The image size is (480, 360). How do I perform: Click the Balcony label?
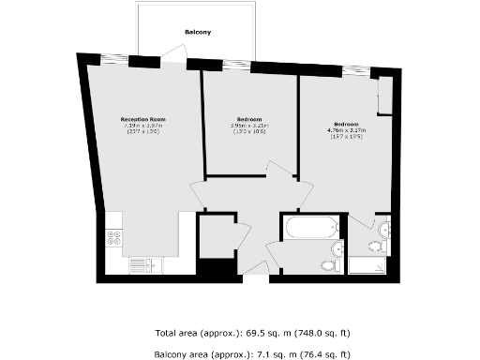[x=197, y=32]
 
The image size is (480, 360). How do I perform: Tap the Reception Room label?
[x=142, y=119]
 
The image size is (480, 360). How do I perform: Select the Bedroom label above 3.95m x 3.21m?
[x=249, y=119]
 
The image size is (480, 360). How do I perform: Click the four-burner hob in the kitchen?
[x=115, y=237]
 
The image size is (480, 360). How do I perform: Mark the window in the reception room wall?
[x=113, y=60]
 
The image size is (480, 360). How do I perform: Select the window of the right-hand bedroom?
[x=355, y=71]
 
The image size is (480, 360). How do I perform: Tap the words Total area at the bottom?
[x=176, y=333]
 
